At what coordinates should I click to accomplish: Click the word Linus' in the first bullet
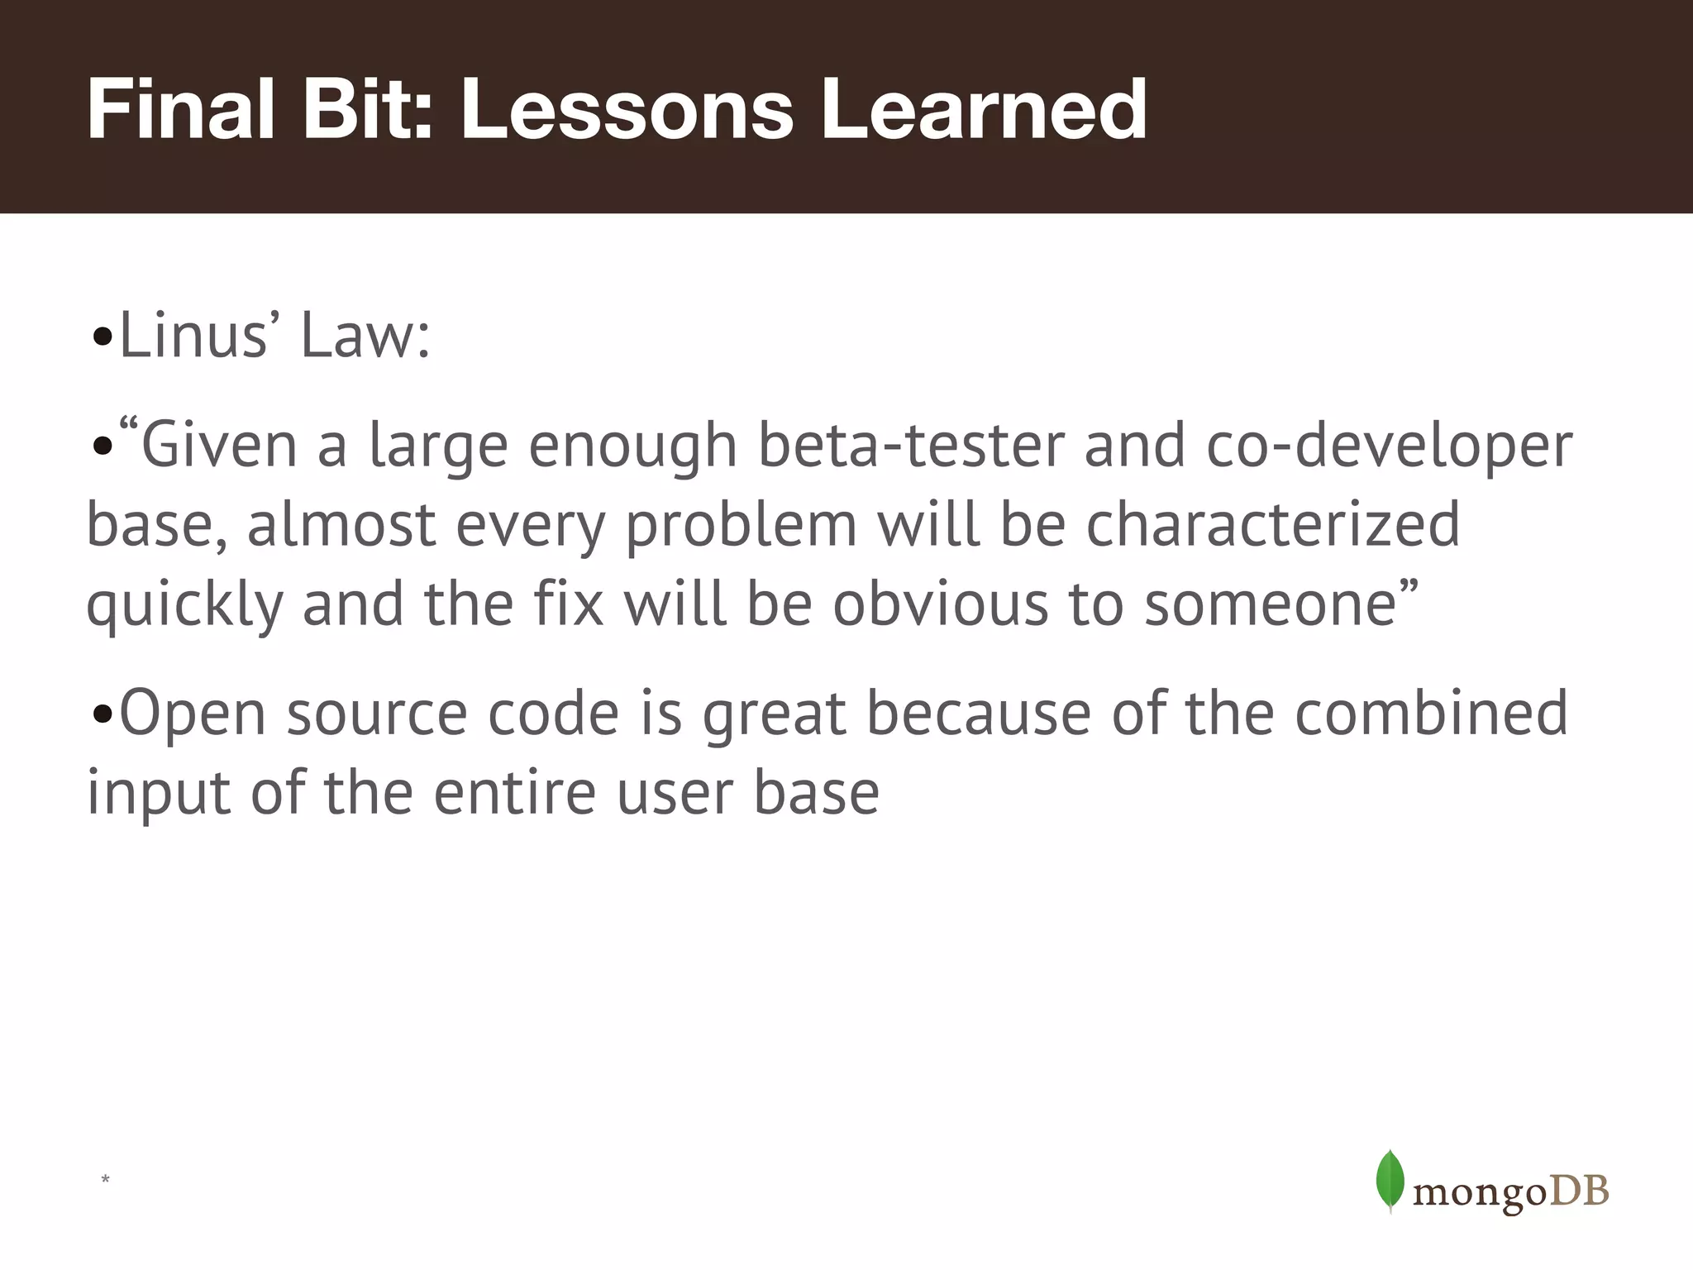(193, 337)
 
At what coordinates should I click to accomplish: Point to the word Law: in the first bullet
(365, 337)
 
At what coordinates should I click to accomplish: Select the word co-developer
(1389, 446)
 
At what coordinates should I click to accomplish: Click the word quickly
(184, 605)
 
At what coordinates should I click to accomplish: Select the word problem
(741, 526)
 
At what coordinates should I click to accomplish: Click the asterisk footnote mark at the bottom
(105, 1180)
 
